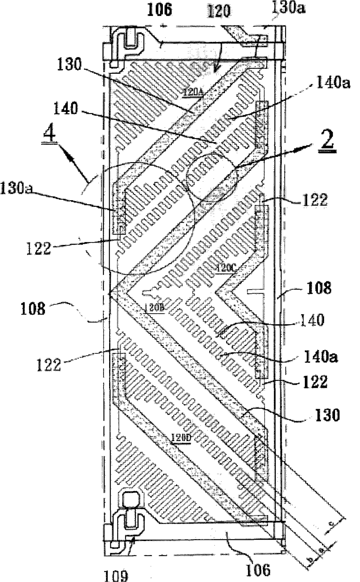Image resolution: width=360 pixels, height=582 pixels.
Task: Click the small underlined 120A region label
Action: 194,92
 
